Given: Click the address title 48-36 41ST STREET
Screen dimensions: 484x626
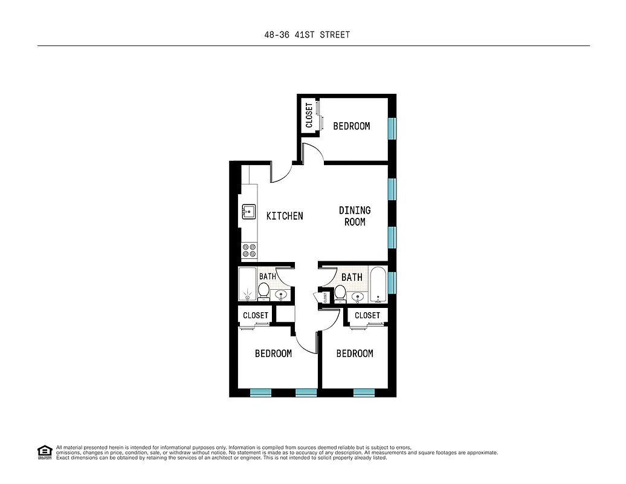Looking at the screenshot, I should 307,34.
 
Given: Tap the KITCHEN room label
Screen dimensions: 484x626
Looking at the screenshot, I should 285,215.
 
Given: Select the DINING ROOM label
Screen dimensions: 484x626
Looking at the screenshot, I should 355,216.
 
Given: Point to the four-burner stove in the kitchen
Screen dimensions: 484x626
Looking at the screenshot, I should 249,247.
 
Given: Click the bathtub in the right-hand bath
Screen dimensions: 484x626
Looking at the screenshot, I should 378,284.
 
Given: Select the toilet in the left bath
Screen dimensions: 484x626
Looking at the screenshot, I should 263,291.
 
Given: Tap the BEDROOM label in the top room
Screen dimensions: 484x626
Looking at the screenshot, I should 352,126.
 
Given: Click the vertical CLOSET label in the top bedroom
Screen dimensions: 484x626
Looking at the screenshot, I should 309,115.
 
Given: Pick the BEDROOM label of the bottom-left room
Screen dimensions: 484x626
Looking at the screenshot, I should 273,353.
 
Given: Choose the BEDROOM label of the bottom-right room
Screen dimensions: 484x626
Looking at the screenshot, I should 355,353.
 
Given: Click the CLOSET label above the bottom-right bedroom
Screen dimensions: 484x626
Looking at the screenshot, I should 367,315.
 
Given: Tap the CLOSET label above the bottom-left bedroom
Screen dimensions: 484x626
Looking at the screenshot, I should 256,315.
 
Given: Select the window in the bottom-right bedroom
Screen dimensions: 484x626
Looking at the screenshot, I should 364,392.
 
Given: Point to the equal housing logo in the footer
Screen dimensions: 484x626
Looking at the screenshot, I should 44,452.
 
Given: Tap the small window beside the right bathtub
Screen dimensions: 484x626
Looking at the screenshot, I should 392,282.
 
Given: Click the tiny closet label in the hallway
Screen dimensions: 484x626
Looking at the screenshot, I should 325,297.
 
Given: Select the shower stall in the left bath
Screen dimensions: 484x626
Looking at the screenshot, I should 247,284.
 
